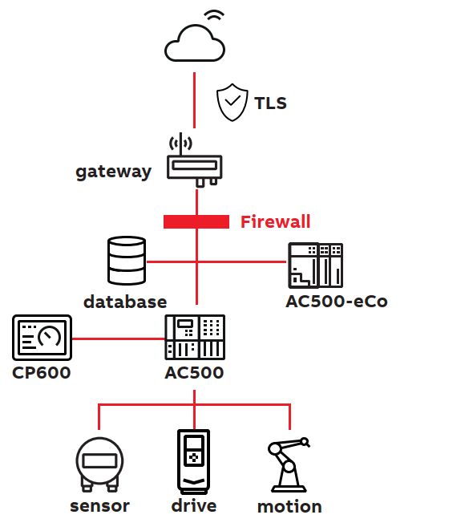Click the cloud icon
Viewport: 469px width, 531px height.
(195, 43)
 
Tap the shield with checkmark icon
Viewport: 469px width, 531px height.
(232, 102)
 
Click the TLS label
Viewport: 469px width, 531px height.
(270, 103)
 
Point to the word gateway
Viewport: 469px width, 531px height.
(113, 172)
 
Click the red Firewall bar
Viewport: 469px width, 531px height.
(196, 222)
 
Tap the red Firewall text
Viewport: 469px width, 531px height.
(275, 222)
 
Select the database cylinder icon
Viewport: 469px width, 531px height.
(127, 261)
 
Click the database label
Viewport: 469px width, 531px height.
(125, 302)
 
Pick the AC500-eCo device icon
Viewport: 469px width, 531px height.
(315, 265)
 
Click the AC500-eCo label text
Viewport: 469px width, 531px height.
(337, 301)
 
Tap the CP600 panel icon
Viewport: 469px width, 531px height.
(42, 338)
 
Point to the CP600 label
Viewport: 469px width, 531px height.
(41, 373)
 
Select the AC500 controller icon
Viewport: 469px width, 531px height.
(195, 338)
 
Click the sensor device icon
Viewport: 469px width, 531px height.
(99, 464)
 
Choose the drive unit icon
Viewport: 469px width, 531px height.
(194, 461)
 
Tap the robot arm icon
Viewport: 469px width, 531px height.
(289, 464)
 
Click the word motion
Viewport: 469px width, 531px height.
(289, 507)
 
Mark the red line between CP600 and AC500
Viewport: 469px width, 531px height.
(119, 338)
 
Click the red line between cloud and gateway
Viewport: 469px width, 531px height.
(194, 100)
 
